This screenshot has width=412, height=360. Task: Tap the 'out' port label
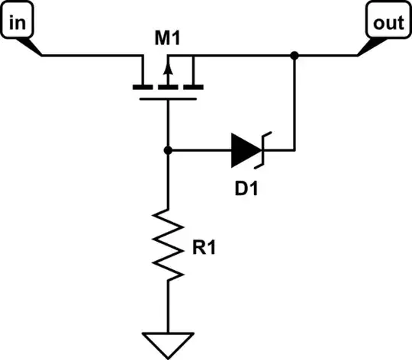pyautogui.click(x=387, y=23)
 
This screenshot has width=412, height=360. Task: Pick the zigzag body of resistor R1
pyautogui.click(x=168, y=244)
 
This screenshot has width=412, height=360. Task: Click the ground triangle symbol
pyautogui.click(x=168, y=341)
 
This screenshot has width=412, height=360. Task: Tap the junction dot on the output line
pyautogui.click(x=294, y=55)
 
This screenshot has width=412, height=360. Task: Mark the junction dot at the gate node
pyautogui.click(x=168, y=151)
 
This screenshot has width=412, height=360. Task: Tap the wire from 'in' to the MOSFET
pyautogui.click(x=92, y=55)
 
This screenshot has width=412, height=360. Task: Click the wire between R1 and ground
pyautogui.click(x=168, y=309)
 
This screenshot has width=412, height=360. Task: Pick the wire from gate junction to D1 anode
pyautogui.click(x=198, y=151)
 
